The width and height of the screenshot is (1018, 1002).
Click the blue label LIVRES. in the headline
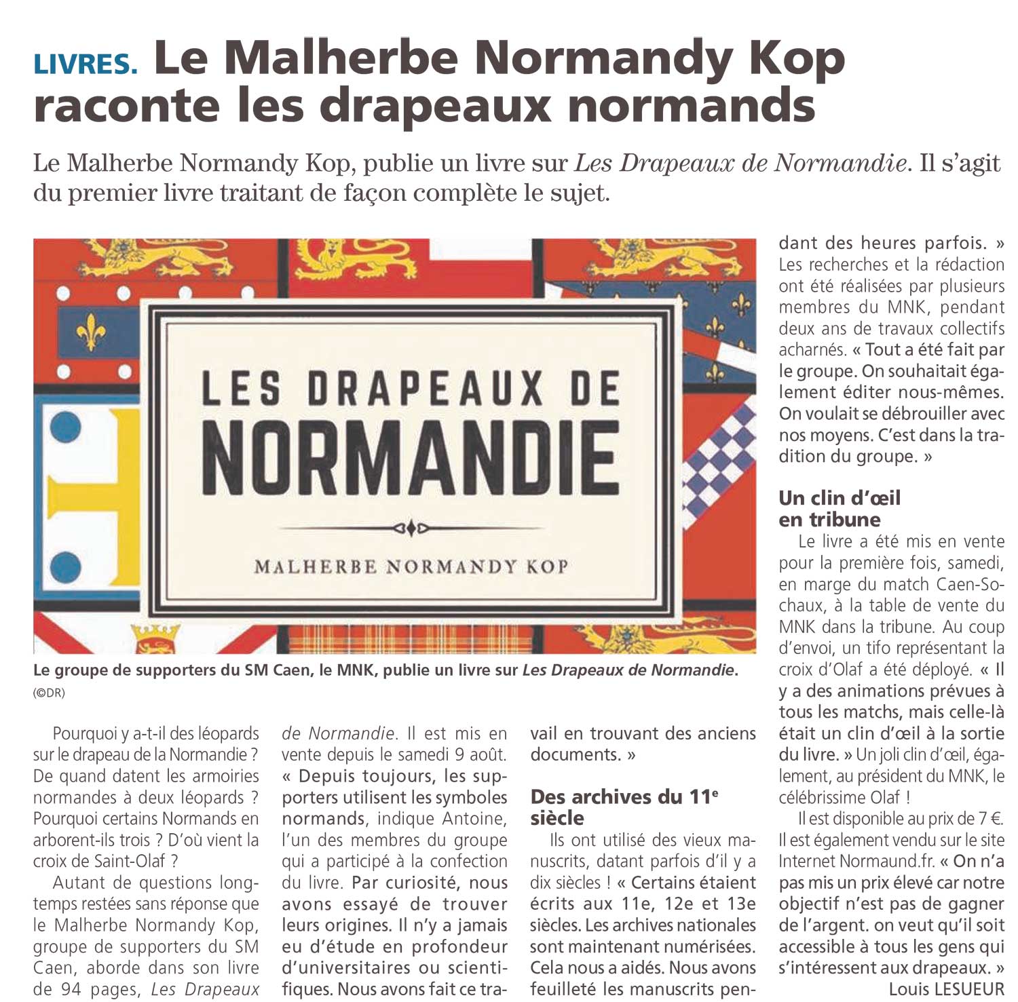click(86, 62)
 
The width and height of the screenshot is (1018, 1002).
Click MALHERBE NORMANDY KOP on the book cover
click(411, 566)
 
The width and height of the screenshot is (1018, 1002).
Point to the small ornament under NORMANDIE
click(410, 528)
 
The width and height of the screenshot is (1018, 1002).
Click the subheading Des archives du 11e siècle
click(624, 807)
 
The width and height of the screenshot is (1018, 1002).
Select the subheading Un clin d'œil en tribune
click(840, 509)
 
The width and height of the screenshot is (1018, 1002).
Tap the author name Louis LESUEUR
click(946, 989)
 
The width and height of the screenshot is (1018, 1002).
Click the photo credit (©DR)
click(49, 693)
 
